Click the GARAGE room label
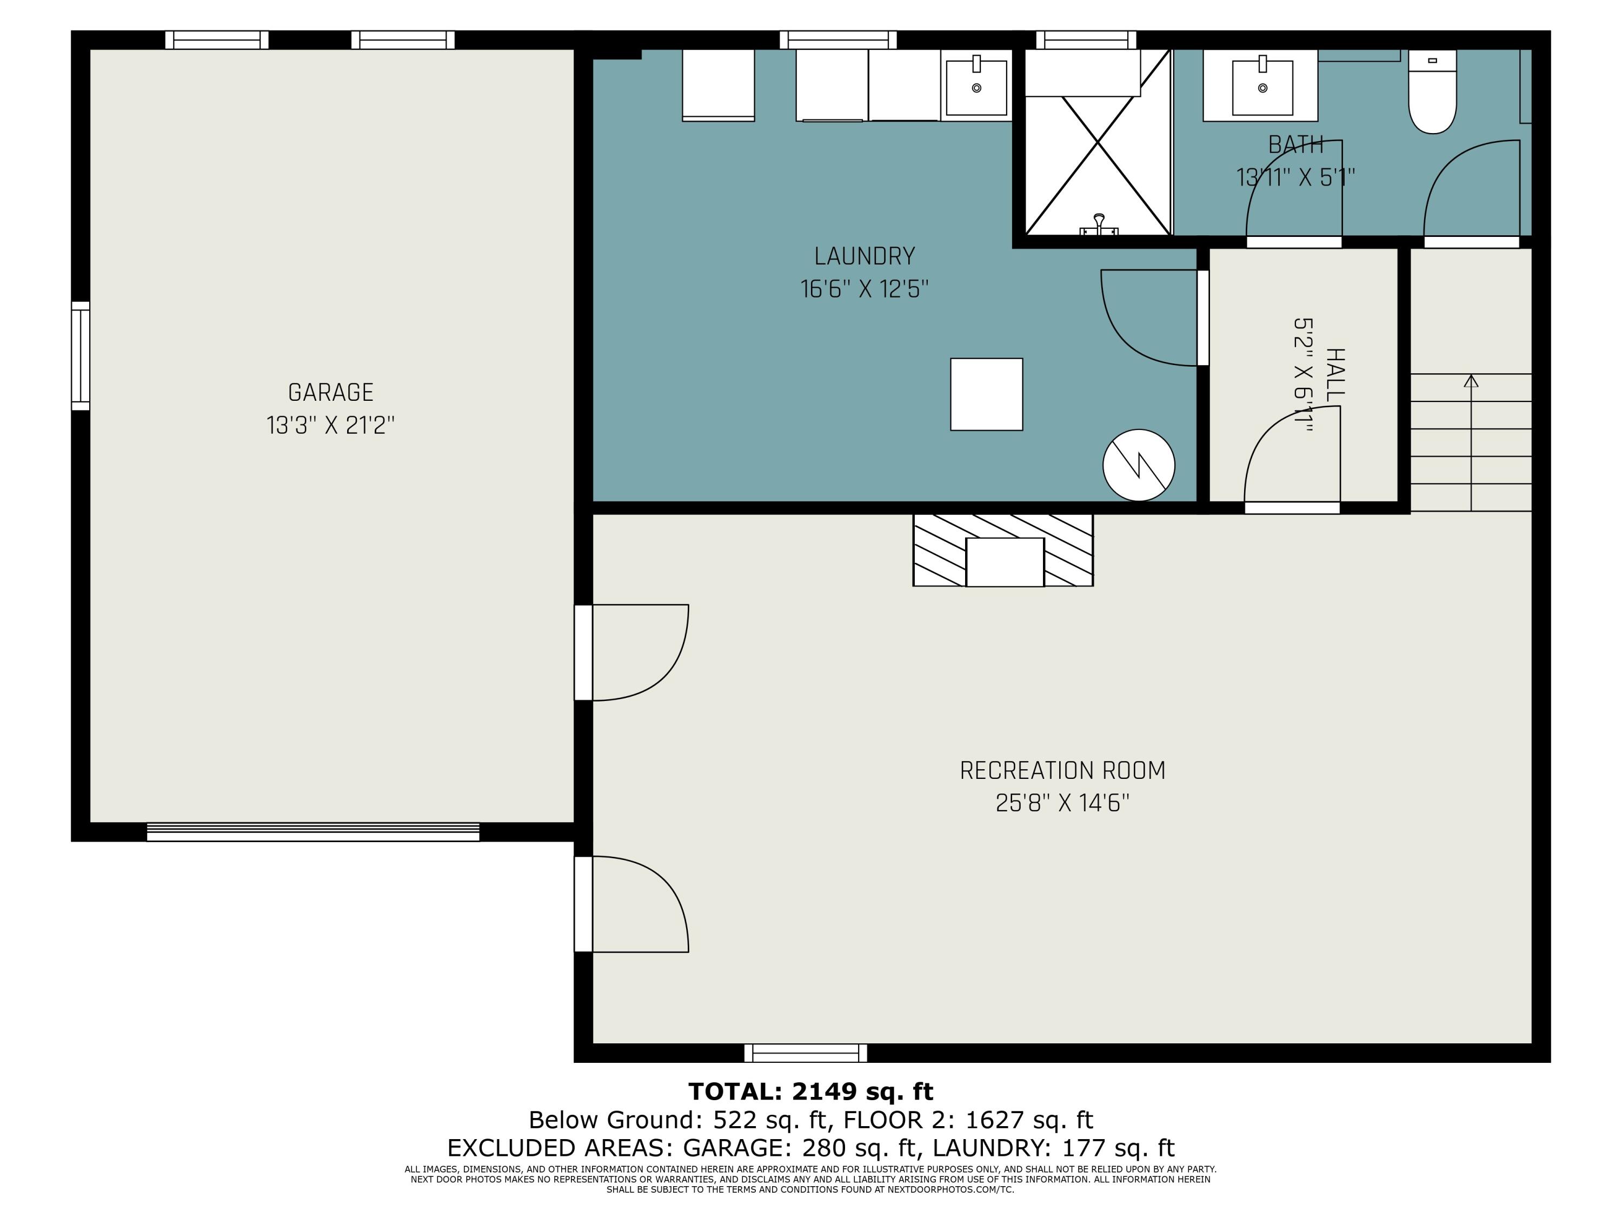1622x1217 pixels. (331, 393)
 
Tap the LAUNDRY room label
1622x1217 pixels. (865, 256)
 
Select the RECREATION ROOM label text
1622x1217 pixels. (1062, 770)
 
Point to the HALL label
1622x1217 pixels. (1335, 375)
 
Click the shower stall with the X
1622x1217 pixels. (1098, 142)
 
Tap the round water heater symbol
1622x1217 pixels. (1139, 465)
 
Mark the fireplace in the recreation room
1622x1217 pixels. (1003, 550)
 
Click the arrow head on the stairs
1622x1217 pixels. (1471, 381)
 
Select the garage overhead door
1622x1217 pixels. (313, 832)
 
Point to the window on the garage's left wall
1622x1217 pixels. (81, 356)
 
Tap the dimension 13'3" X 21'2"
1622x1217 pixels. (331, 426)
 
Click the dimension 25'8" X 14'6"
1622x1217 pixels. (1062, 803)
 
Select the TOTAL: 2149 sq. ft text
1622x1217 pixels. (811, 1092)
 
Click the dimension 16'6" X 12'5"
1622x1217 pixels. (865, 289)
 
